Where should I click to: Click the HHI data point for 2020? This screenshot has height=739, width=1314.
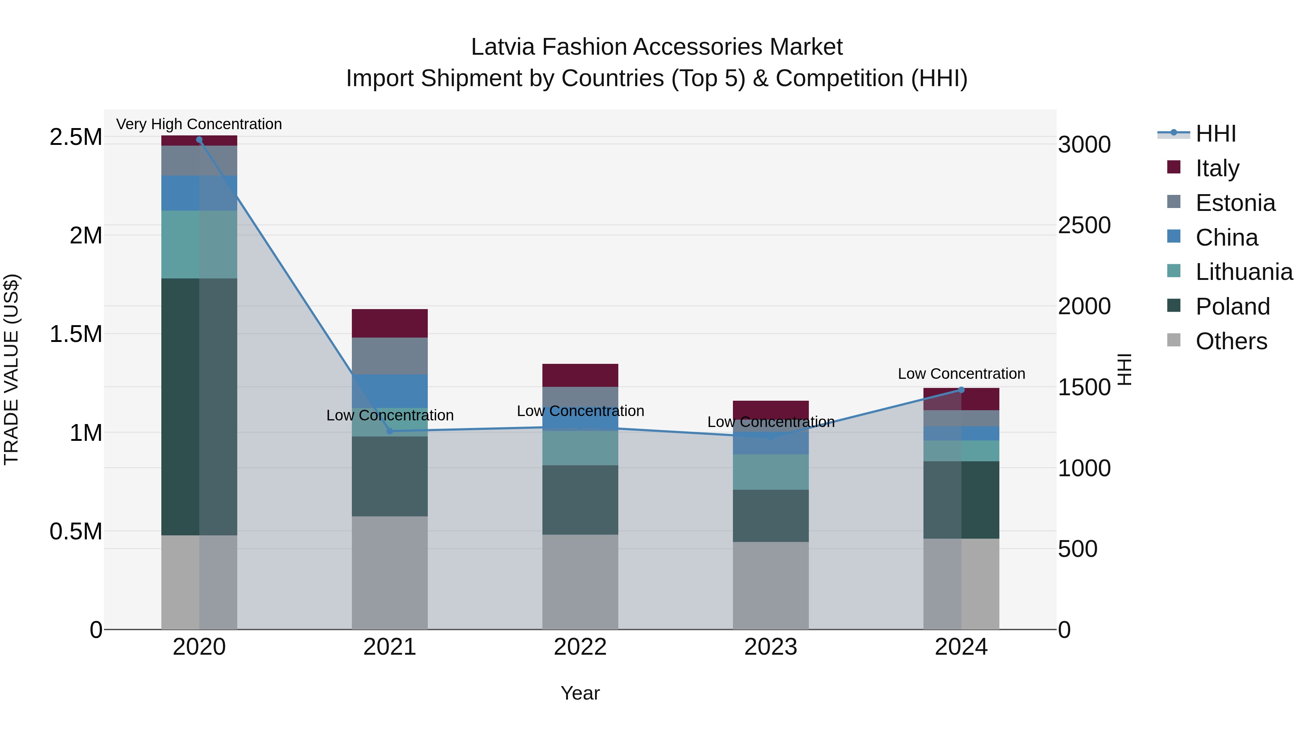click(x=199, y=140)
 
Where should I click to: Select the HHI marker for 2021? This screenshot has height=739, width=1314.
click(x=390, y=431)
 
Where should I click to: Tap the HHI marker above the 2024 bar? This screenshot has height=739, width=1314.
click(x=961, y=390)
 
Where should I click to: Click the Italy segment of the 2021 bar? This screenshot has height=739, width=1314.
click(x=390, y=323)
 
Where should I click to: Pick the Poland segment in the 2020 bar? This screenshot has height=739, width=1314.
click(x=199, y=407)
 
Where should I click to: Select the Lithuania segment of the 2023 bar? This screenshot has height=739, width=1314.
click(x=771, y=472)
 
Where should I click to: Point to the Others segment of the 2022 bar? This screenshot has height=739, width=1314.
click(x=580, y=581)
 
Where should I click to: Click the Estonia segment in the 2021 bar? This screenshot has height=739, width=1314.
click(x=390, y=355)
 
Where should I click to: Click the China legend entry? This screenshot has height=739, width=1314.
click(x=1226, y=237)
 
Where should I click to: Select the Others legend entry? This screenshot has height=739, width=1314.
click(x=1231, y=341)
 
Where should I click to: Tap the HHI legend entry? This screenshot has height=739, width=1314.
click(x=1215, y=134)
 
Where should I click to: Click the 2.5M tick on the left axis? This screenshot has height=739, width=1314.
click(x=76, y=137)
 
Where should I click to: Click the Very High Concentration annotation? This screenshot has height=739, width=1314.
click(x=199, y=124)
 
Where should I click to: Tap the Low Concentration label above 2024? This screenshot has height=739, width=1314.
click(x=961, y=373)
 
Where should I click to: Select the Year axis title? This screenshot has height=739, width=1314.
click(x=580, y=693)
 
